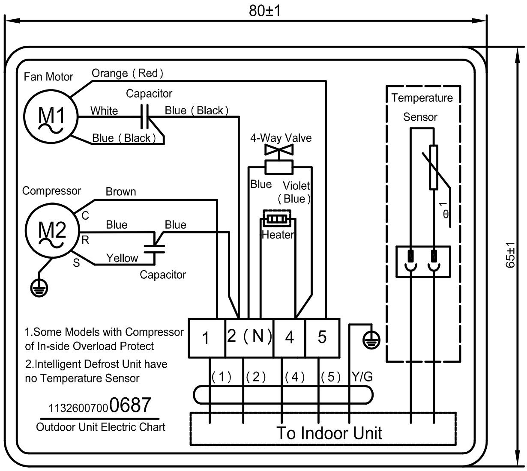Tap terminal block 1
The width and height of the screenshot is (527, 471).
point(207,338)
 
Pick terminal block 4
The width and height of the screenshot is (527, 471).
point(290,338)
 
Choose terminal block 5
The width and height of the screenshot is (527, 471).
point(322,338)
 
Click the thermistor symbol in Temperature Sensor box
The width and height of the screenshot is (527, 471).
point(434,167)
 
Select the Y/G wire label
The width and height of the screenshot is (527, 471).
point(362,377)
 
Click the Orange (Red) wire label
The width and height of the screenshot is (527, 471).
point(128,73)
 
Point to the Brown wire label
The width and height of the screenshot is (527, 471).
point(121,192)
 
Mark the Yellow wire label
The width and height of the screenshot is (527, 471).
point(122,258)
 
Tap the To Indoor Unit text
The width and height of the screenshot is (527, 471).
point(329,433)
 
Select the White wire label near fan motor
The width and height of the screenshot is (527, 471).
point(104,111)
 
